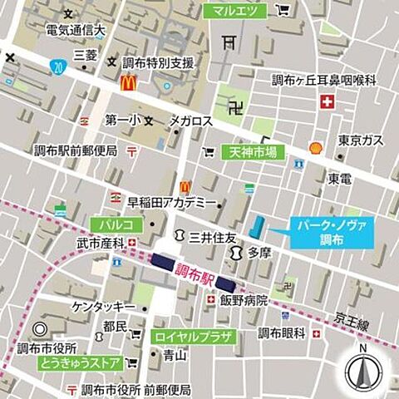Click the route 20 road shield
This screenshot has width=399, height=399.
click(x=56, y=64)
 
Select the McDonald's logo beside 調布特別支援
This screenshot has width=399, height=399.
click(x=127, y=82)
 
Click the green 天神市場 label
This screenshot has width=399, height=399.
click(x=253, y=152)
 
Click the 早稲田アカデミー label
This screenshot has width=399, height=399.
click(x=170, y=202)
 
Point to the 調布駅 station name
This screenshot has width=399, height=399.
click(x=194, y=273)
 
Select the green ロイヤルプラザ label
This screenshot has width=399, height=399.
click(x=195, y=336)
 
